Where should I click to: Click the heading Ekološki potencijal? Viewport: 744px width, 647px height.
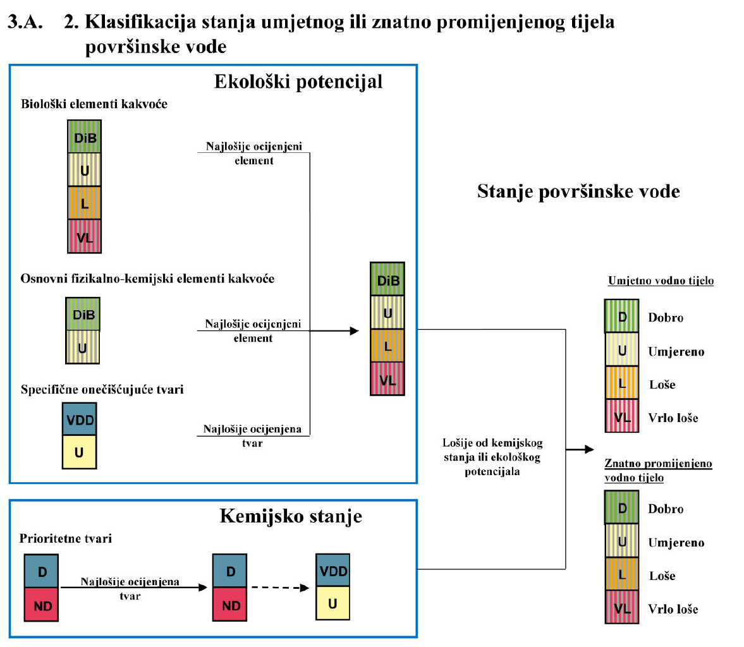pos(298,82)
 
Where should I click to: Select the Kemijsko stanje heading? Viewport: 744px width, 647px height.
pos(291,516)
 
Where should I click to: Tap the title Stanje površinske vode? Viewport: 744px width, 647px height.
pos(578,191)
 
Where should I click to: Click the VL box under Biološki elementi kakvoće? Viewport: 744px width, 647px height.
pos(84,237)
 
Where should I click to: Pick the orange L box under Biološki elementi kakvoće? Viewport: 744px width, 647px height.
pos(84,203)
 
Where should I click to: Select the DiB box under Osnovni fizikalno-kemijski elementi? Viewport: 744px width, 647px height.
pos(83,314)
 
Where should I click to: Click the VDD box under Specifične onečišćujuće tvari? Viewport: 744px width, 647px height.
pos(80,420)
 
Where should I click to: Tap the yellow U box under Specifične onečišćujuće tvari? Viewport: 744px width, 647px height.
pos(79,452)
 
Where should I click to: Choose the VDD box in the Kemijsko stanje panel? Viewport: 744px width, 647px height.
pos(333,571)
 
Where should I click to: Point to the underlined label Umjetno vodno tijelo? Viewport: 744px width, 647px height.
pos(661,281)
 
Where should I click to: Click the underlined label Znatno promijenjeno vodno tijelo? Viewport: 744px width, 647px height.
pos(657,470)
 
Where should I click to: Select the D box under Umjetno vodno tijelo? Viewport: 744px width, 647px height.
pos(622,317)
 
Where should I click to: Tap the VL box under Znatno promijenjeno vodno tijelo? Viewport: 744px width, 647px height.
pos(622,608)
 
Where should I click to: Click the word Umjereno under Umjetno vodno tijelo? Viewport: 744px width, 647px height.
pos(676,352)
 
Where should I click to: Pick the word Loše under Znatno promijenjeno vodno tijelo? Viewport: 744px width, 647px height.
pos(662,576)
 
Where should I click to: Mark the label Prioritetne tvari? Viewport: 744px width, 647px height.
pos(66,538)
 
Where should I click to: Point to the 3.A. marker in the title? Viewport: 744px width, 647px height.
pos(25,22)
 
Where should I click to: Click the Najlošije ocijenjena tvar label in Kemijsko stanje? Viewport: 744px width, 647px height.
pos(130,588)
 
